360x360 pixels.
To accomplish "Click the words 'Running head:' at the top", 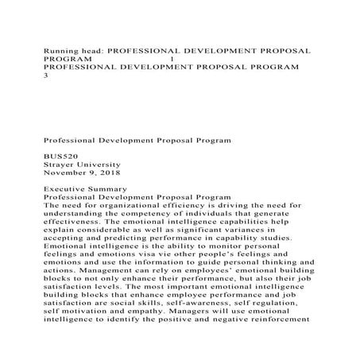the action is point(72,49).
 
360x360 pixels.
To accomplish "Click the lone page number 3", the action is point(45,77).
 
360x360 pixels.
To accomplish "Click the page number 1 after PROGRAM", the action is point(172,59).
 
